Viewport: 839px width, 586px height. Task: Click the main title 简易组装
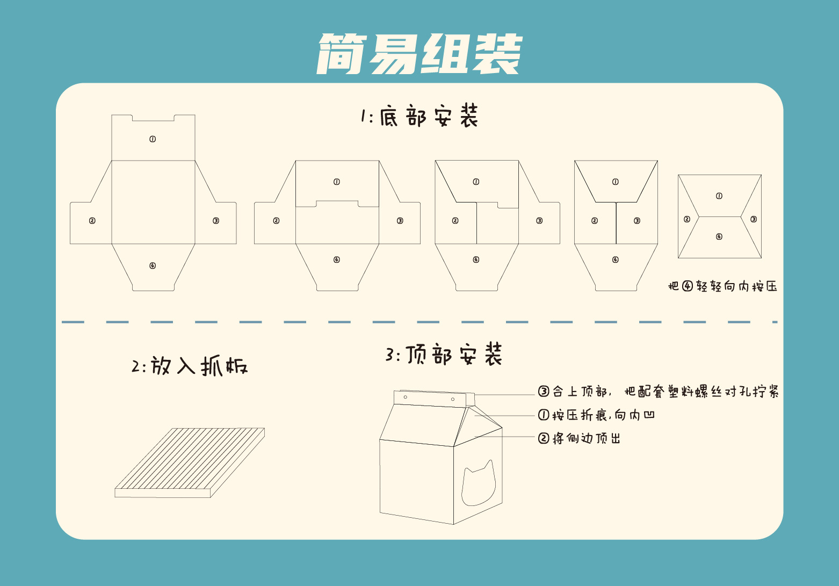pyautogui.click(x=419, y=54)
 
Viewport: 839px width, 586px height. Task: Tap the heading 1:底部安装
pyautogui.click(x=420, y=117)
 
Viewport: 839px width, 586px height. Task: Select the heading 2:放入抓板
pyautogui.click(x=190, y=366)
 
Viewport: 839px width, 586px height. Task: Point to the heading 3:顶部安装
pyautogui.click(x=444, y=355)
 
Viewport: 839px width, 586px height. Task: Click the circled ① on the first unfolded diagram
pyautogui.click(x=153, y=139)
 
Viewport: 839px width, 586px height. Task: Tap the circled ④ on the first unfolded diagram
pyautogui.click(x=153, y=266)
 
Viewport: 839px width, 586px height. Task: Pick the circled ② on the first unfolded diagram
pyautogui.click(x=92, y=221)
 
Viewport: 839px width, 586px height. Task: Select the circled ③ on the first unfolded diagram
pyautogui.click(x=216, y=221)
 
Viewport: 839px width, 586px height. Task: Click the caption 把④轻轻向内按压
pyautogui.click(x=722, y=286)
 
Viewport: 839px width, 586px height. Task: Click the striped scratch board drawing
pyautogui.click(x=190, y=462)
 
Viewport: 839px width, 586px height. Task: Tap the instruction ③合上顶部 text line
pyautogui.click(x=659, y=392)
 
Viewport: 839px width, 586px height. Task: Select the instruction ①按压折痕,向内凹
pyautogui.click(x=596, y=415)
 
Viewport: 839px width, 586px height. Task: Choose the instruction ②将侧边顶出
pyautogui.click(x=579, y=438)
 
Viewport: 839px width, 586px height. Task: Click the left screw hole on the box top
pyautogui.click(x=405, y=397)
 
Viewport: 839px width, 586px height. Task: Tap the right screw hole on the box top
pyautogui.click(x=453, y=400)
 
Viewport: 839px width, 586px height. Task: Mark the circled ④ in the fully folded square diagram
pyautogui.click(x=719, y=237)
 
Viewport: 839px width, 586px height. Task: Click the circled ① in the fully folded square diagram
pyautogui.click(x=719, y=196)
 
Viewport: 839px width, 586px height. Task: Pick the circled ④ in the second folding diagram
pyautogui.click(x=337, y=260)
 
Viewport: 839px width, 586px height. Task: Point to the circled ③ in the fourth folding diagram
pyautogui.click(x=637, y=221)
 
